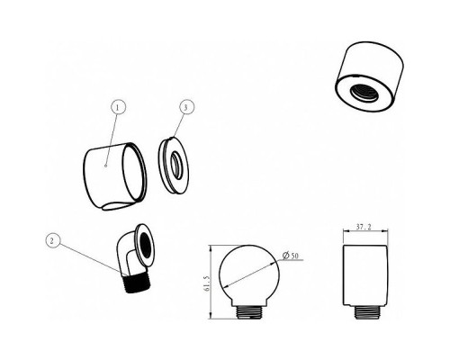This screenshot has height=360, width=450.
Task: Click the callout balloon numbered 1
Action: pos(118,107)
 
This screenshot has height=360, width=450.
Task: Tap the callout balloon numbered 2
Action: pos(52,240)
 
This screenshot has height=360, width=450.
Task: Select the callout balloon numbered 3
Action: pos(186,107)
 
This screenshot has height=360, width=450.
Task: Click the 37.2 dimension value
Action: pos(364,227)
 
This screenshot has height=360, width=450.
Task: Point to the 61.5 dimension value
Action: pos(206,283)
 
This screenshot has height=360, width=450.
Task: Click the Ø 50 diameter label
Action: pos(290,256)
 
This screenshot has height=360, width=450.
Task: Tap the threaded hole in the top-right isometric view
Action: pos(365,93)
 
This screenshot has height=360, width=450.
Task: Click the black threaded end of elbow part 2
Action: pos(137,283)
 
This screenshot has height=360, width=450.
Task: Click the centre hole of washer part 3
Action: pos(176,166)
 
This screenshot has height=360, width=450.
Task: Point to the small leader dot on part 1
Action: pos(105,165)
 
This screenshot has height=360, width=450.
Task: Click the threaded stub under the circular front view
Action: pos(249,312)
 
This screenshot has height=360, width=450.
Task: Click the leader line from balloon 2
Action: pos(89,257)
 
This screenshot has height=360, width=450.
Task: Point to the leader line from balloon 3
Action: pos(178,125)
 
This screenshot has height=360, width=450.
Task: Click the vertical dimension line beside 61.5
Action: pos(211,282)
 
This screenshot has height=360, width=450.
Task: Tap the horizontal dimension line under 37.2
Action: pos(365,231)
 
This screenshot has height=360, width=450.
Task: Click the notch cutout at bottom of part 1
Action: pos(115,207)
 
